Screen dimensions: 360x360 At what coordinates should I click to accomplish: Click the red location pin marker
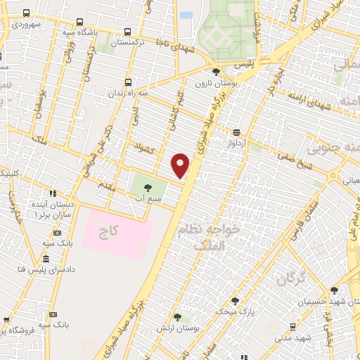(x=181, y=165)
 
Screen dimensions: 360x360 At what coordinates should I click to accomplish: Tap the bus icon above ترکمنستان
(x=127, y=32)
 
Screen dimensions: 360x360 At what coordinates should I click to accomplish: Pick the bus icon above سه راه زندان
(x=127, y=82)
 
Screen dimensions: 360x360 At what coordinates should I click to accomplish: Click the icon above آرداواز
(x=236, y=131)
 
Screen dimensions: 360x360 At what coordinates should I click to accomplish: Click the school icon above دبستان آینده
(x=52, y=193)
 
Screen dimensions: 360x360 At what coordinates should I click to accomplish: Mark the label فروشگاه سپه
(x=21, y=328)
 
